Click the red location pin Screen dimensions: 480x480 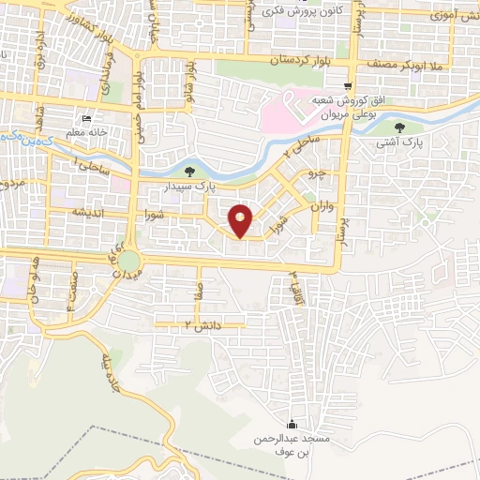pos(241,219)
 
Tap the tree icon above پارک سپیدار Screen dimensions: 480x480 pos(190,171)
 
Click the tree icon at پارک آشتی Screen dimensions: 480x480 pos(401,128)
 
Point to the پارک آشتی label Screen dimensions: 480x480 pos(400,144)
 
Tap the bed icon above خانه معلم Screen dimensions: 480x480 pos(86,119)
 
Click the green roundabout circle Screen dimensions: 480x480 pos(128,260)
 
